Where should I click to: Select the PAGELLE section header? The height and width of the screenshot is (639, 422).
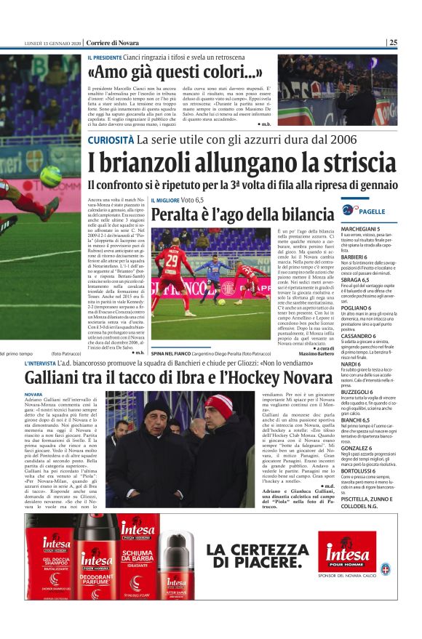point(372,211)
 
